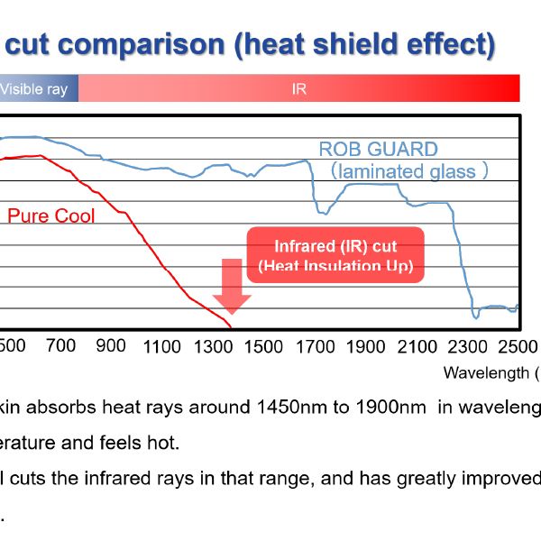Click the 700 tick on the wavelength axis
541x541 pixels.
pyautogui.click(x=60, y=345)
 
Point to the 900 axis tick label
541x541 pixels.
pyautogui.click(x=111, y=345)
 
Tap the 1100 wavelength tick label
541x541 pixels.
pyautogui.click(x=162, y=345)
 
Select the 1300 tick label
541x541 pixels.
pyautogui.click(x=213, y=345)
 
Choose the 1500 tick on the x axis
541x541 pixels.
pyautogui.click(x=264, y=345)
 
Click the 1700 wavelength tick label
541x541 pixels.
pyautogui.click(x=315, y=345)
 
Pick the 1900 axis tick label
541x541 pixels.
pyautogui.click(x=366, y=345)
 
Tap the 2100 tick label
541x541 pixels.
pyautogui.click(x=417, y=345)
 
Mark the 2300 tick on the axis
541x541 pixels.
pyautogui.click(x=467, y=345)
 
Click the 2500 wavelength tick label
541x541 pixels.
pyautogui.click(x=517, y=345)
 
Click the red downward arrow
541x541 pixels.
pyautogui.click(x=232, y=286)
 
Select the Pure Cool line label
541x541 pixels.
pyautogui.click(x=50, y=215)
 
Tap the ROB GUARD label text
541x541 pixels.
pyautogui.click(x=378, y=150)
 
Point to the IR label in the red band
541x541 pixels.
pyautogui.click(x=299, y=89)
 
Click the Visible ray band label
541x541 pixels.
pyautogui.click(x=33, y=89)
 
